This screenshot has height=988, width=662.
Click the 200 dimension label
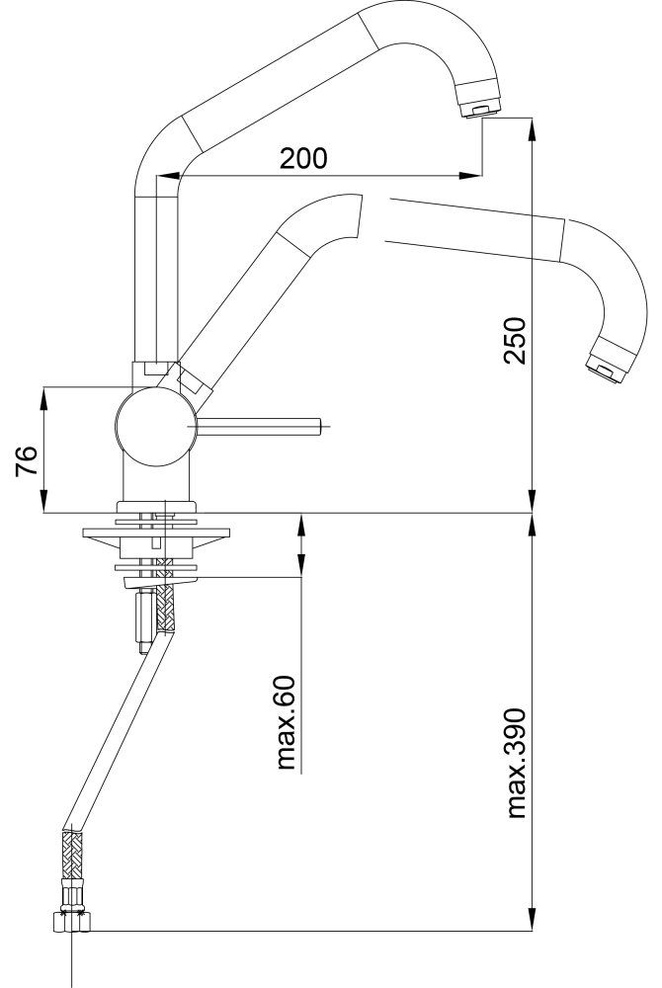click(302, 158)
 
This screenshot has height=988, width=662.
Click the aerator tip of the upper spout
click(479, 110)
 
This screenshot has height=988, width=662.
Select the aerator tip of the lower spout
click(604, 368)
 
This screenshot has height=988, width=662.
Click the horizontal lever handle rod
click(262, 426)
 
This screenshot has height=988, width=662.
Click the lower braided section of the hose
click(70, 858)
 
